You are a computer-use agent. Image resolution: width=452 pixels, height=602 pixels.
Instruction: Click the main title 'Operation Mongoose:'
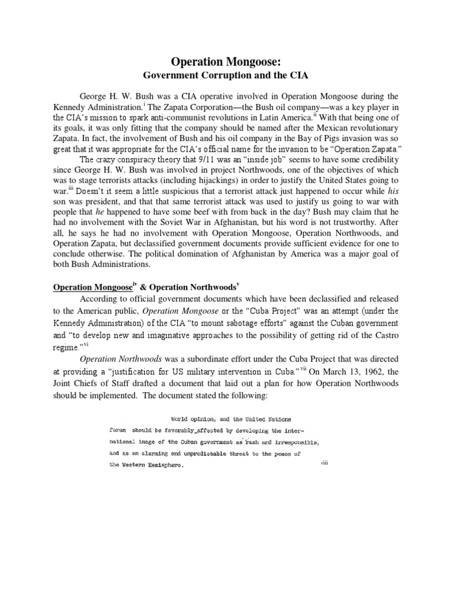coord(226,61)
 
